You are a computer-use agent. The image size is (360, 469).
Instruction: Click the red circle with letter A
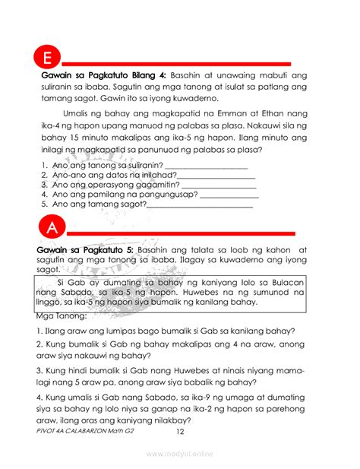[x=49, y=229]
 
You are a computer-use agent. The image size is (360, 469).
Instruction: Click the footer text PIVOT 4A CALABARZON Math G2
[x=85, y=431]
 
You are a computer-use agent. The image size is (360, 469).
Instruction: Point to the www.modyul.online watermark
[x=180, y=454]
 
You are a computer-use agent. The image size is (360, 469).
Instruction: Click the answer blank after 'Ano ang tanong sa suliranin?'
[x=206, y=164]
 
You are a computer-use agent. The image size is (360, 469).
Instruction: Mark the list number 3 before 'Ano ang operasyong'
[x=44, y=184]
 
